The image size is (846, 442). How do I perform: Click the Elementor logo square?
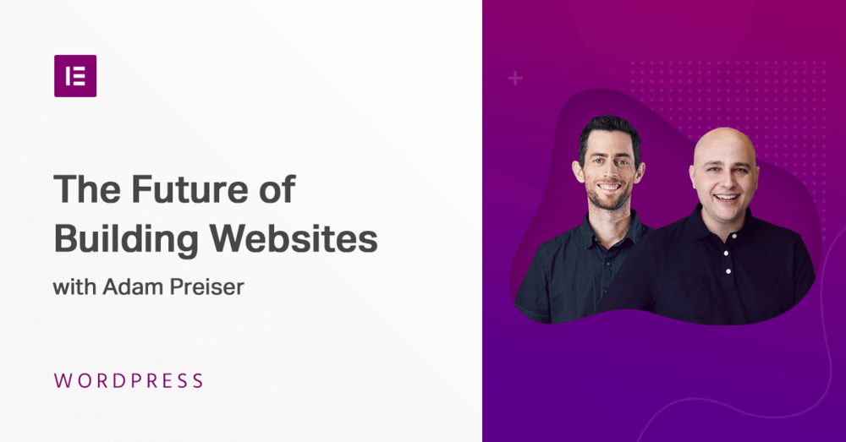pos(75,76)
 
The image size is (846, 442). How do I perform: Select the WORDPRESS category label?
pos(129,380)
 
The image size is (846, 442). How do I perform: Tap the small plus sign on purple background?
pos(515,79)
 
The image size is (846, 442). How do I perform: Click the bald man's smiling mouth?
pos(726,199)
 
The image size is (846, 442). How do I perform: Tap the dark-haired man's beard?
pos(610,201)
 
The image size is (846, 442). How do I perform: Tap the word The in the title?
pos(83,188)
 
